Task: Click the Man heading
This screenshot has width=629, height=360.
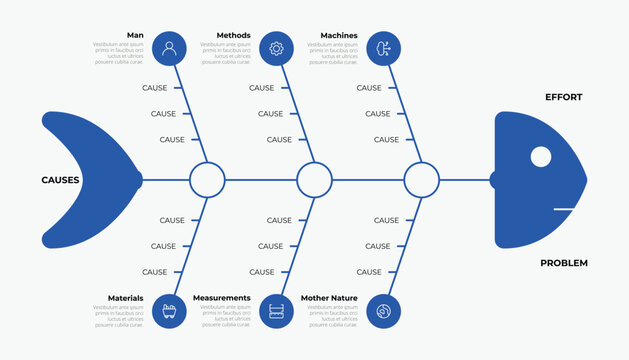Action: point(135,35)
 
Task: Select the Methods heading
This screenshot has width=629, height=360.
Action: point(234,35)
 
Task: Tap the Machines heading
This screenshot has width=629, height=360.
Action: point(339,35)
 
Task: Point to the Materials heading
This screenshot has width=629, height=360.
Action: point(125,298)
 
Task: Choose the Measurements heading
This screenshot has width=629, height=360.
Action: point(222,298)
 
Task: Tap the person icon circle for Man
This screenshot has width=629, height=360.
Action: point(170,48)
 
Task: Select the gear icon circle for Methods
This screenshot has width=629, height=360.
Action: point(277,48)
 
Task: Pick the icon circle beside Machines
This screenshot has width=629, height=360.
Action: point(384,48)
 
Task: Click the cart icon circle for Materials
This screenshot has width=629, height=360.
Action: point(170,311)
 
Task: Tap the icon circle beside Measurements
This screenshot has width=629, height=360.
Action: point(277,311)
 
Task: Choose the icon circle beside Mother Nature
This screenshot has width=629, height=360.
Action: point(384,311)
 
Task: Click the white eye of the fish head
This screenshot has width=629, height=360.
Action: point(540,156)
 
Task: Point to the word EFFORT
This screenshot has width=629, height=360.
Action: point(563,97)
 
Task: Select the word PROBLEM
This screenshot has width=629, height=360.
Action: point(564,263)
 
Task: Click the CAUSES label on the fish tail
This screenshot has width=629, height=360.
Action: point(60,180)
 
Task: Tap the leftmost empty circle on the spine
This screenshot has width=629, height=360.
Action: point(207,180)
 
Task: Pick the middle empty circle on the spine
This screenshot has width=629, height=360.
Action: point(314,180)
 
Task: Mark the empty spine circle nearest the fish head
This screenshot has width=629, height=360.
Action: point(421,180)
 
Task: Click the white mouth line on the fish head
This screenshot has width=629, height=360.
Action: point(565,209)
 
